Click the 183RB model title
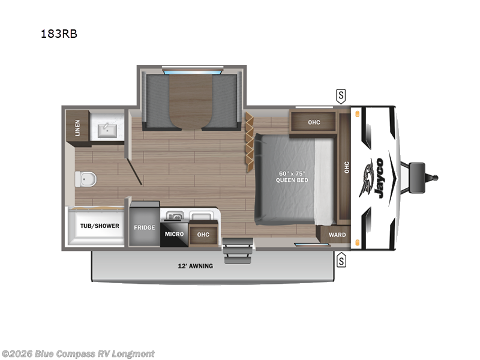(59, 34)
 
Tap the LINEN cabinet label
(77, 128)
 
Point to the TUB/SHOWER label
(100, 226)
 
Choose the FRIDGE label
(145, 227)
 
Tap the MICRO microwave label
(174, 234)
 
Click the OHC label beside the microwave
(203, 234)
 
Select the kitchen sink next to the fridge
(175, 214)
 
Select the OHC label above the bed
(314, 122)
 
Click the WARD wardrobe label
(337, 235)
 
